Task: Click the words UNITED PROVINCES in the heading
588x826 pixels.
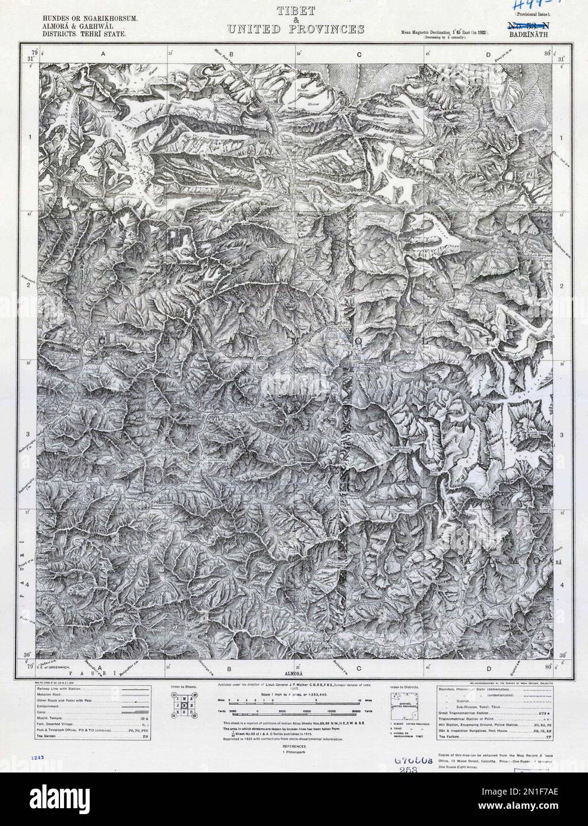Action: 293,29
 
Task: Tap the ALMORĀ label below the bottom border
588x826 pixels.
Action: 294,674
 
